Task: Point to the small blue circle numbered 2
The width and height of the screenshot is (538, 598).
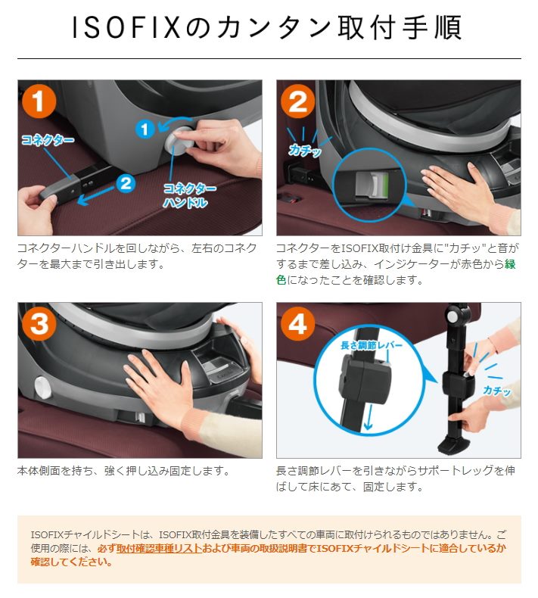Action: point(126,182)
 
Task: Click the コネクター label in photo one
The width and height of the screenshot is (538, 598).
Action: point(47,141)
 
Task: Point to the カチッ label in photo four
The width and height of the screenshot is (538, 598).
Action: point(496,391)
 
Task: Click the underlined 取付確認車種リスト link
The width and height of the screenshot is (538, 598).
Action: point(159,548)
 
